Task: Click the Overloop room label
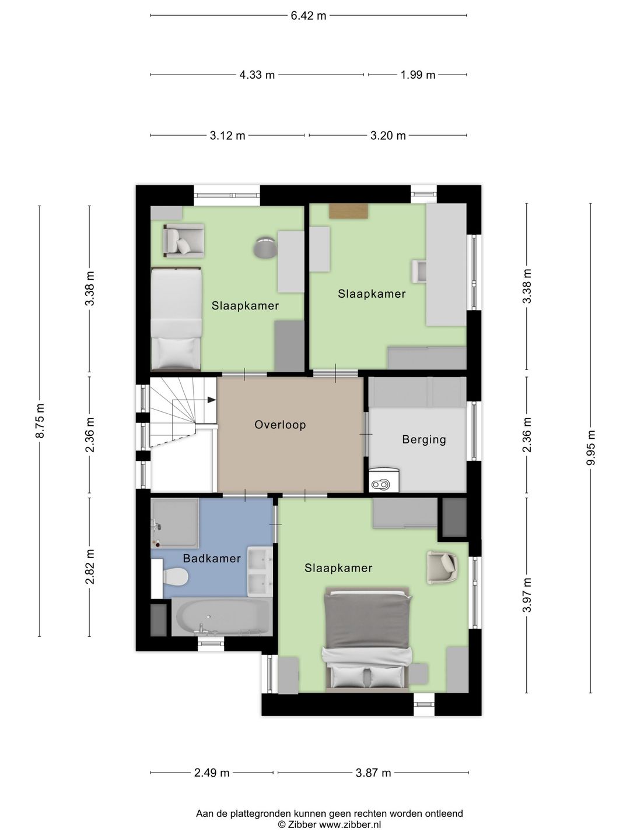coord(280,425)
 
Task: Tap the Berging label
coord(424,439)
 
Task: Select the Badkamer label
coord(212,558)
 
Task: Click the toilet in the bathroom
coord(175,576)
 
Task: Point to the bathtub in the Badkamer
coord(222,617)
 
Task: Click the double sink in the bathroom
coord(260,572)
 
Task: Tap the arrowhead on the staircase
coord(211,400)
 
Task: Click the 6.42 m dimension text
coord(309,16)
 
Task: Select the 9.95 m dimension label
coord(591,447)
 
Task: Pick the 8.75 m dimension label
coord(40,421)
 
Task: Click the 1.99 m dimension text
coord(418,75)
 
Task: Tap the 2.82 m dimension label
coord(90,567)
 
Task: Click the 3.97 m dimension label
coord(527,595)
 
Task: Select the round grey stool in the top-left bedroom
coord(265,247)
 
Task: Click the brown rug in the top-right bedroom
coord(348,211)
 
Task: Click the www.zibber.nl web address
coord(351,825)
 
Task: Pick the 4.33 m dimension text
coord(257,75)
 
